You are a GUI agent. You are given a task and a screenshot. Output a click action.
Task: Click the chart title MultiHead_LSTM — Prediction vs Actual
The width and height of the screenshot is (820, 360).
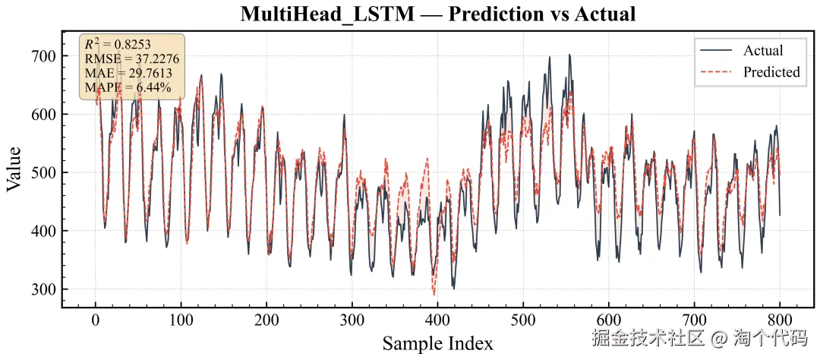click(x=437, y=14)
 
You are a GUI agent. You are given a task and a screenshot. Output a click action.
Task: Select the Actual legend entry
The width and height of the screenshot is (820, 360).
click(x=763, y=51)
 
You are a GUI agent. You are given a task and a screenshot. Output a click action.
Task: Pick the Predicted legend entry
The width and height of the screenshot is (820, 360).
click(x=771, y=72)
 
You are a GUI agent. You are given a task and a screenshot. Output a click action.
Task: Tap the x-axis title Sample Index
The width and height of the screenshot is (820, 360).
click(x=437, y=343)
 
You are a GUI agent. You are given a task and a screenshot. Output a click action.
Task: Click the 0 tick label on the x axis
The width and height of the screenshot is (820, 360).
click(x=96, y=319)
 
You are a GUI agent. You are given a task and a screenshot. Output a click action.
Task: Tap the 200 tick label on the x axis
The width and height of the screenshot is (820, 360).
click(x=266, y=319)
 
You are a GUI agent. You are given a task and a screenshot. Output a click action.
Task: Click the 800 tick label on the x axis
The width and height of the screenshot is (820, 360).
click(x=780, y=319)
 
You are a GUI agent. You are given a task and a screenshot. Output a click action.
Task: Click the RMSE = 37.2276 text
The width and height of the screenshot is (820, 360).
click(x=126, y=59)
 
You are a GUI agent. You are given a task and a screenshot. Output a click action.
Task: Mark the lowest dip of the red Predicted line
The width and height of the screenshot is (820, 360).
click(x=434, y=295)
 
